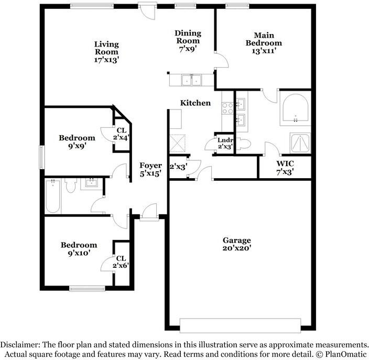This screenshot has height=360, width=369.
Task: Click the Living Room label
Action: pos(106,52)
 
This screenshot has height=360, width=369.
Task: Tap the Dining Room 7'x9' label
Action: pos(188,41)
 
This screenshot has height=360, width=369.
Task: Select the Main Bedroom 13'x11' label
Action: pos(264,43)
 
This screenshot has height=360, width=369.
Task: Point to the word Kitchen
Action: pos(196,103)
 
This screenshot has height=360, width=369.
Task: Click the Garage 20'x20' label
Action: pos(237,244)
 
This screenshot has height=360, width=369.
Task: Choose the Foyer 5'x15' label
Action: pos(150,169)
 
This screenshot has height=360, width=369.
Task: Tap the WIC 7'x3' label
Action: pos(285,168)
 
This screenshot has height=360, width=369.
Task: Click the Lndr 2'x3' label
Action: pos(225,143)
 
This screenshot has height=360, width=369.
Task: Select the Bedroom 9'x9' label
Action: pos(77,142)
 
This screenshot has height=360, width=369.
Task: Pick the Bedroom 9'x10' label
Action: pos(79,249)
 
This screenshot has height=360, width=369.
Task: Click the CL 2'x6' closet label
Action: pos(121,262)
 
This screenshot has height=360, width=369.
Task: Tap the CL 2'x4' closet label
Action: pos(122,134)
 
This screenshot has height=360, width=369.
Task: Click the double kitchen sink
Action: pos(191,80)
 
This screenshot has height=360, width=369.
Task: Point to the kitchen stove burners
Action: pos(227,108)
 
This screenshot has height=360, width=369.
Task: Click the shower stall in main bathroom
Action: pos(300,143)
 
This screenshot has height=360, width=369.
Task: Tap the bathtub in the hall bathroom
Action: pos(53,196)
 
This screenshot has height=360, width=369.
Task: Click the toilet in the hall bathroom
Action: pos(71,186)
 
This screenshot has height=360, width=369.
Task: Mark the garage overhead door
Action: pos(240,325)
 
